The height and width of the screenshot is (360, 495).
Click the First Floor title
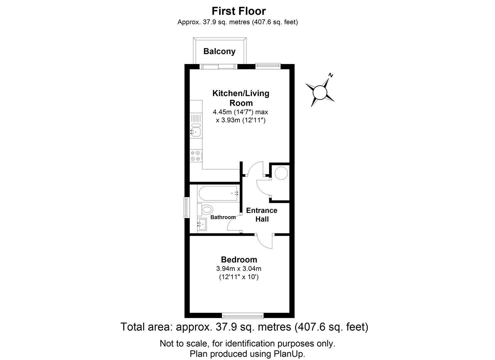point(239,11)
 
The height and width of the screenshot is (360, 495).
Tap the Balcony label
point(219,51)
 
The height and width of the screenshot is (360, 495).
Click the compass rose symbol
point(320,92)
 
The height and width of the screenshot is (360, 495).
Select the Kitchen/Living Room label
point(241,98)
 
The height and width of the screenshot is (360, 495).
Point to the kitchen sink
point(195,131)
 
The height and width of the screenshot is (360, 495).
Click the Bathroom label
point(223,217)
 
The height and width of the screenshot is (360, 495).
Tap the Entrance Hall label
point(262,215)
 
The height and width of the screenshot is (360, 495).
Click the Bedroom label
point(239,259)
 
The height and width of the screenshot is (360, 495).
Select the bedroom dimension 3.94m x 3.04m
point(239,269)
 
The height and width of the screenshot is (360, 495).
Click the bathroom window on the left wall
point(187,208)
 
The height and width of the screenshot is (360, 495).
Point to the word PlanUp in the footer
point(292,353)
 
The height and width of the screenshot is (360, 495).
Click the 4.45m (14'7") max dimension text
point(240,112)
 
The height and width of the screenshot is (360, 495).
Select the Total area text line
point(244,327)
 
